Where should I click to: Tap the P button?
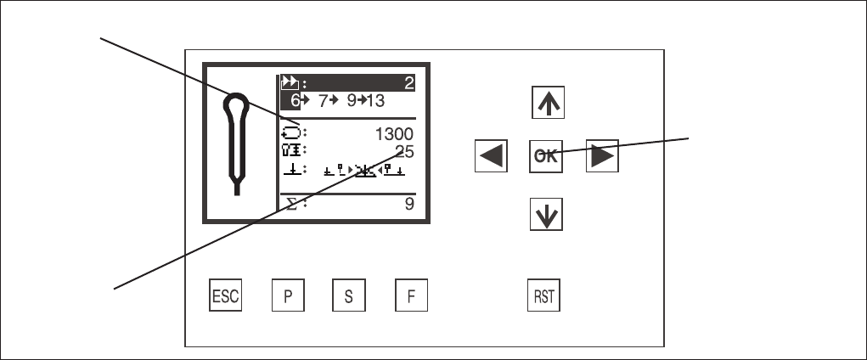288,295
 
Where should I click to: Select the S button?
349,295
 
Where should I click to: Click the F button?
411,295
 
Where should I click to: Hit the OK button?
546,156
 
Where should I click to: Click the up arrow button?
548,102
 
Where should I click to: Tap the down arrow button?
546,214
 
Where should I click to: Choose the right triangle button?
602,156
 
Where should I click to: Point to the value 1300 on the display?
394,134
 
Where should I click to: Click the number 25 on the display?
405,152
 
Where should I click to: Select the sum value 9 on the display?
409,204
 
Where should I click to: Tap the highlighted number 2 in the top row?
409,83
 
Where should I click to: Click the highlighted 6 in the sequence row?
296,101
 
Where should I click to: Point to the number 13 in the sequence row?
375,101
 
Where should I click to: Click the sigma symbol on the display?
291,204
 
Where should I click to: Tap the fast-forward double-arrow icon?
290,83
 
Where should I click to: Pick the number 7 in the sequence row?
323,101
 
